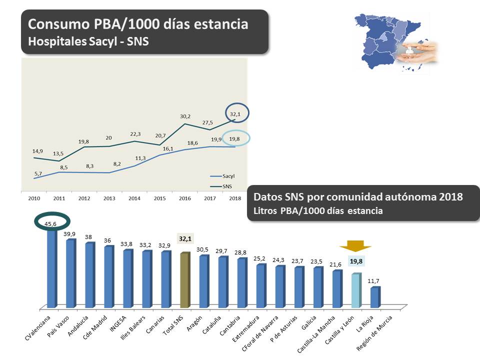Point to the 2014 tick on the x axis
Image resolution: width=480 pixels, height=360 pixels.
[x=134, y=198]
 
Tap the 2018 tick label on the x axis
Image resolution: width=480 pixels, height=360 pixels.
[x=234, y=198]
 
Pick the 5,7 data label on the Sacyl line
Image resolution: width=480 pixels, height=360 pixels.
[x=38, y=172]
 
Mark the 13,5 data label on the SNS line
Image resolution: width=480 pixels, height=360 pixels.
[x=59, y=154]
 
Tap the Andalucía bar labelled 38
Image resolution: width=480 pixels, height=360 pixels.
[x=90, y=274]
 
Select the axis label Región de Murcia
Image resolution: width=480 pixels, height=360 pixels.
[x=380, y=333]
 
